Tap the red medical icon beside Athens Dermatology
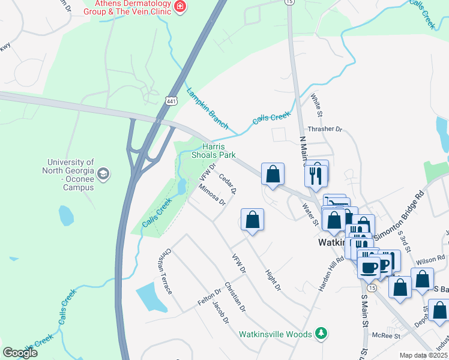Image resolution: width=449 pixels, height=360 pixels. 179,7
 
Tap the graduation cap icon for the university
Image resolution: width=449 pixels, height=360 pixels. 103,175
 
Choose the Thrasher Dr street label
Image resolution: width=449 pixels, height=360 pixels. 324,129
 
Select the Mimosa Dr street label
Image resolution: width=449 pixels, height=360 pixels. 212,193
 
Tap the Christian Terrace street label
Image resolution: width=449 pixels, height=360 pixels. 166,272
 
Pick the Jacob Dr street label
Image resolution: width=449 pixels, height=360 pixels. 220,312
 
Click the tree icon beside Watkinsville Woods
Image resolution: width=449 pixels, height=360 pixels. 322,333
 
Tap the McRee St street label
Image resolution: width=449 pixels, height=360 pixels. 385,335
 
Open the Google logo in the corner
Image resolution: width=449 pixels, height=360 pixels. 20,353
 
